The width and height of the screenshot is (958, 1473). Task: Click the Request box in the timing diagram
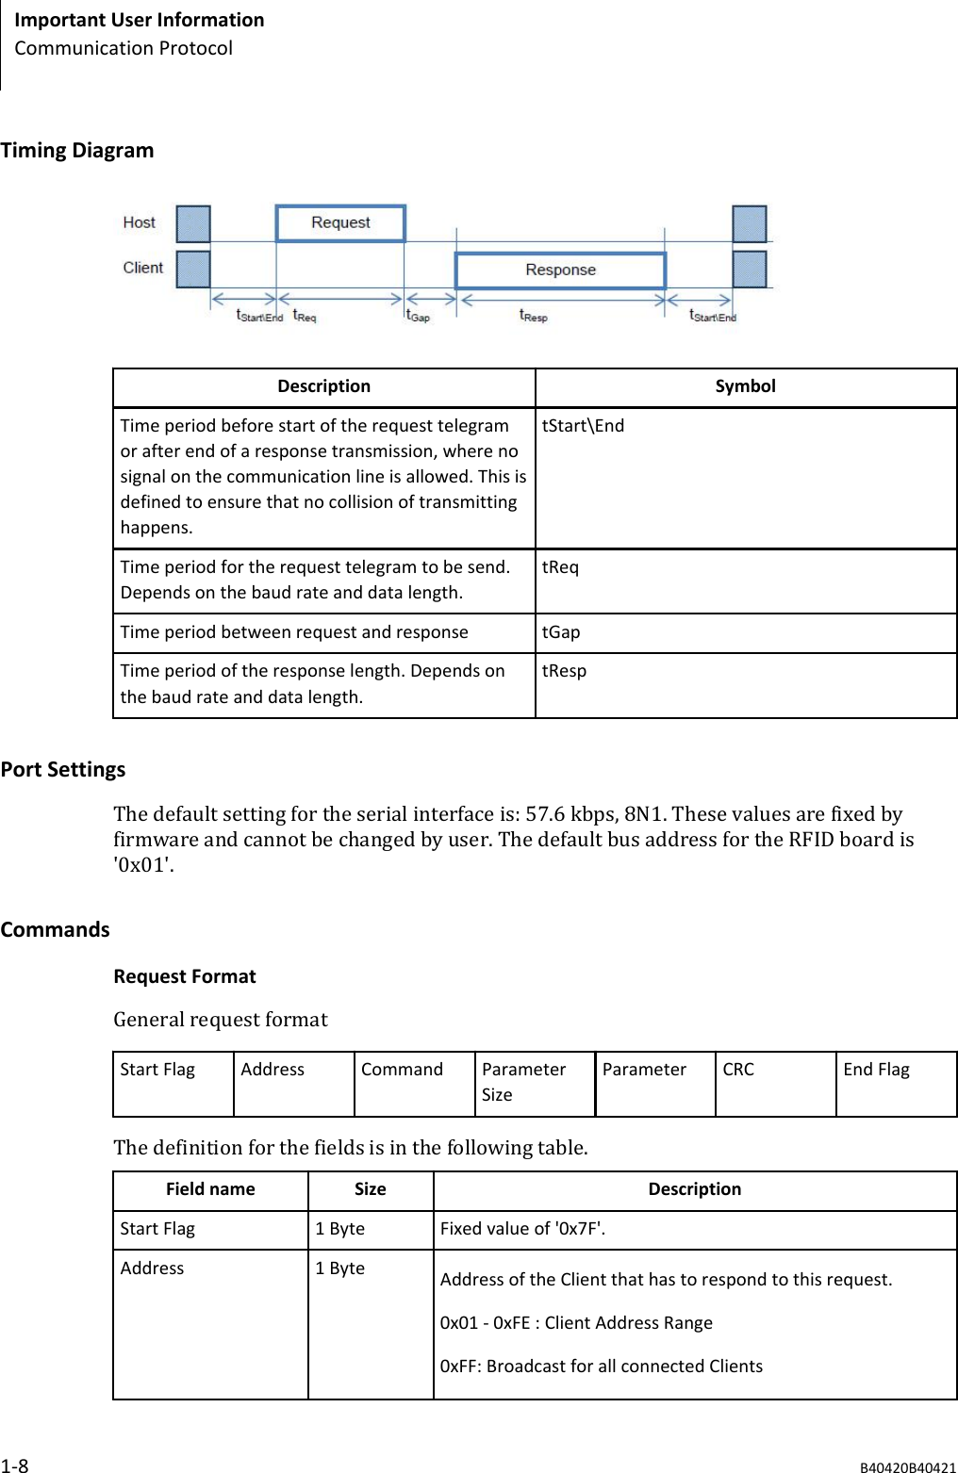pyautogui.click(x=340, y=223)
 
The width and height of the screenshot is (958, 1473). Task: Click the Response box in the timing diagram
pyautogui.click(x=560, y=270)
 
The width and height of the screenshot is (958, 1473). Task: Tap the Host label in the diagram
pyautogui.click(x=139, y=222)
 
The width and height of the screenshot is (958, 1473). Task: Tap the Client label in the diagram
pyautogui.click(x=142, y=268)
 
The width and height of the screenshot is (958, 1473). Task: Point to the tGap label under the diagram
pyautogui.click(x=417, y=316)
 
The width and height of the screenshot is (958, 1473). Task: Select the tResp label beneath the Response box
pyautogui.click(x=533, y=316)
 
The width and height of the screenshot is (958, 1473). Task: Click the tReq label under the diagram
pyautogui.click(x=304, y=316)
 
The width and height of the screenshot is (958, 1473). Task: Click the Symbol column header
pyautogui.click(x=745, y=386)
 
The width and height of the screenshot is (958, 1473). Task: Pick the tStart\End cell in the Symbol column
pyautogui.click(x=583, y=426)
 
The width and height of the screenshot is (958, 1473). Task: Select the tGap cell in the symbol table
pyautogui.click(x=561, y=632)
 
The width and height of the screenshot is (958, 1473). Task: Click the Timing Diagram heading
pyautogui.click(x=77, y=151)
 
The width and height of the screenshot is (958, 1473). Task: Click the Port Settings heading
pyautogui.click(x=63, y=770)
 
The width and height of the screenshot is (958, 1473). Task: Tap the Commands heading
pyautogui.click(x=56, y=930)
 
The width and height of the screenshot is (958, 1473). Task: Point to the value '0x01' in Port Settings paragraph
pyautogui.click(x=142, y=865)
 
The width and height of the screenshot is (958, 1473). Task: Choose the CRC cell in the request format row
pyautogui.click(x=738, y=1070)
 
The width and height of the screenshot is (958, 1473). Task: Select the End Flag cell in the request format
pyautogui.click(x=876, y=1070)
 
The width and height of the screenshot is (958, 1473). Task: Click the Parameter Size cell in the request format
pyautogui.click(x=523, y=1082)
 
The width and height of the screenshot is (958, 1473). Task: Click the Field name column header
pyautogui.click(x=210, y=1189)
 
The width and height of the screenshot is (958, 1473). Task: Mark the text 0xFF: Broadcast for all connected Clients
pyautogui.click(x=601, y=1367)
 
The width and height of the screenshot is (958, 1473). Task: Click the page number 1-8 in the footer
pyautogui.click(x=15, y=1465)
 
